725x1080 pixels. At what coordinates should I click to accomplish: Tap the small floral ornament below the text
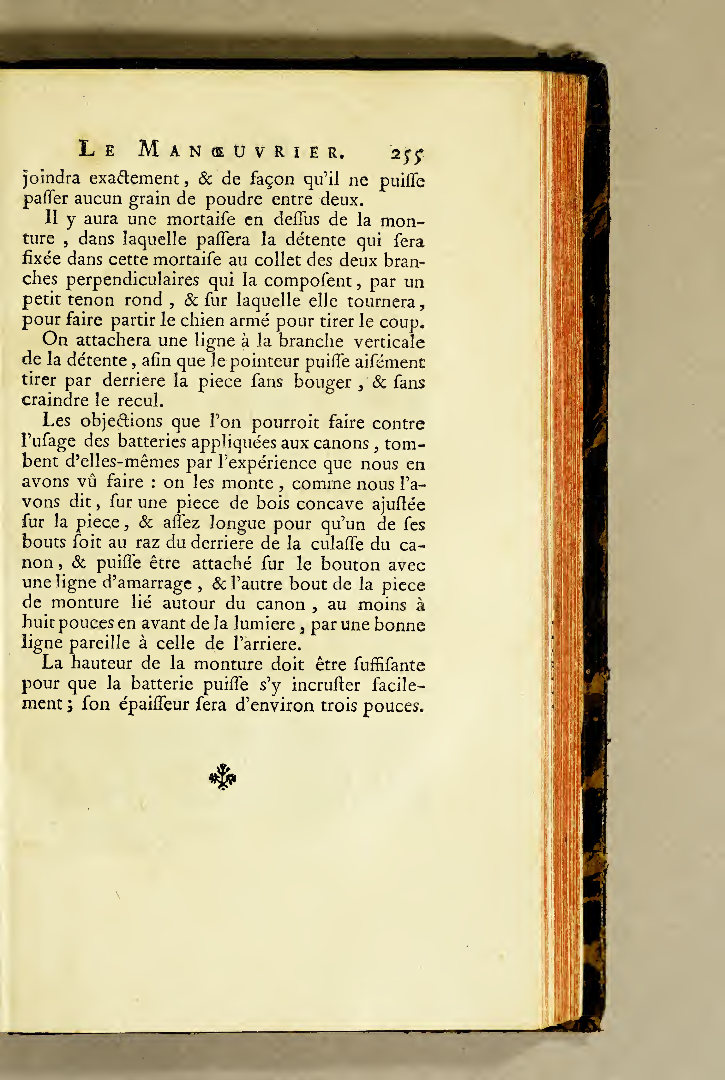click(x=223, y=777)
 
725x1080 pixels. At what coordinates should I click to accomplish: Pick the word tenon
click(x=91, y=300)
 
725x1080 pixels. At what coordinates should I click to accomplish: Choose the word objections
click(x=121, y=421)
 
